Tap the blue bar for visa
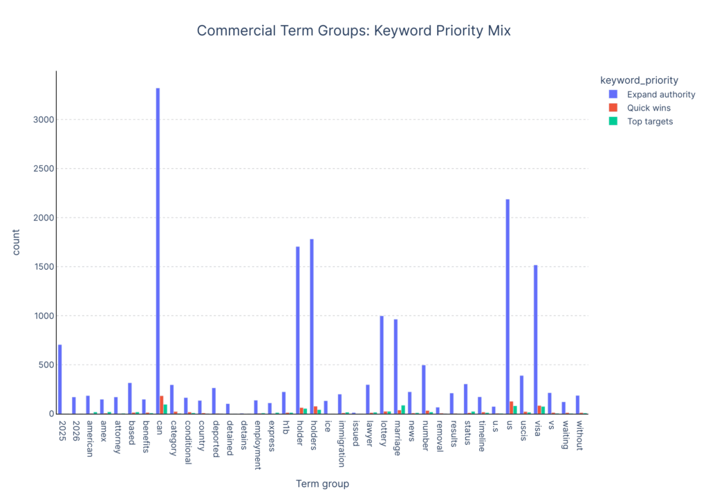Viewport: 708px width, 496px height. tap(536, 339)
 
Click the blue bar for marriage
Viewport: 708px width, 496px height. tap(395, 367)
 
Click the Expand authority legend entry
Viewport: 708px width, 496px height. tap(660, 94)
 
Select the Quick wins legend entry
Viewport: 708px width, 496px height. tap(649, 108)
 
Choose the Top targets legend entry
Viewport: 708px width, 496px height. tap(650, 121)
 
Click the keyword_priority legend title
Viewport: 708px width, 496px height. tap(639, 80)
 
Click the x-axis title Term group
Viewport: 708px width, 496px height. tap(322, 484)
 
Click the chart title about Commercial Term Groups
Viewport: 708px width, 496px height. tap(353, 30)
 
